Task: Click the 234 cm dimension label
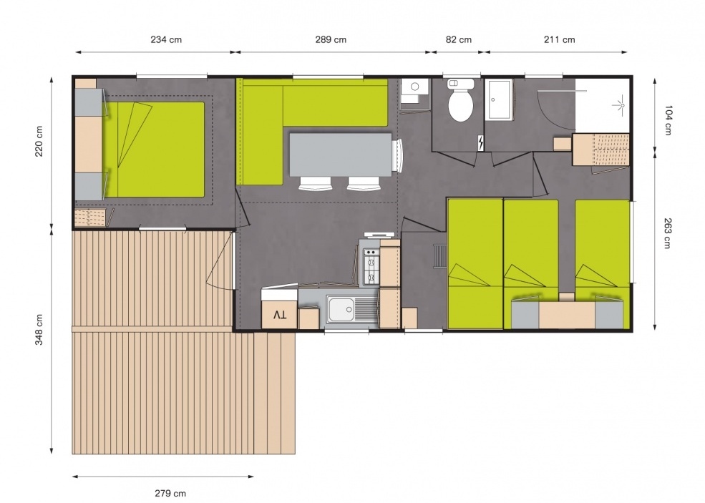pyautogui.click(x=166, y=39)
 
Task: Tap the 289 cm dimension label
pyautogui.click(x=331, y=39)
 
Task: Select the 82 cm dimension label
pyautogui.click(x=459, y=39)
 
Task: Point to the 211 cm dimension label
pyautogui.click(x=559, y=39)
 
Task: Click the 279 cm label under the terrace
pyautogui.click(x=170, y=493)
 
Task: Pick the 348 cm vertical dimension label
pyautogui.click(x=39, y=330)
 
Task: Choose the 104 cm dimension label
pyautogui.click(x=667, y=120)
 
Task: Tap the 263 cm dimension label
pyautogui.click(x=667, y=233)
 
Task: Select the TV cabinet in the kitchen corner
pyautogui.click(x=279, y=309)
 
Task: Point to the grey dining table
pyautogui.click(x=341, y=155)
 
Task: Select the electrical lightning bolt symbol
pyautogui.click(x=481, y=143)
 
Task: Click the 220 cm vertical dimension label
pyautogui.click(x=39, y=141)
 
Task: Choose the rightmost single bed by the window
pyautogui.click(x=603, y=264)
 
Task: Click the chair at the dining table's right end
pyautogui.click(x=397, y=155)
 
